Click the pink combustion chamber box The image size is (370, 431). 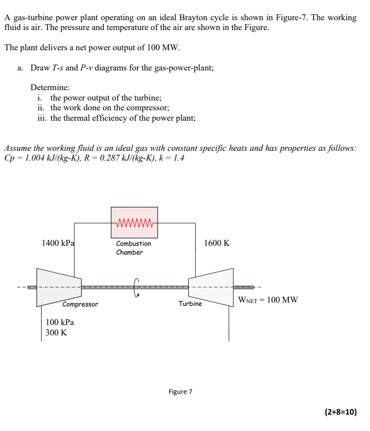(135, 222)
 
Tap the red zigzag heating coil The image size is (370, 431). (135, 223)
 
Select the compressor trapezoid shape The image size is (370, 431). (59, 287)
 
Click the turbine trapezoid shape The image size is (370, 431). (211, 287)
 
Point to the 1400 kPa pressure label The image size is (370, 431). (58, 243)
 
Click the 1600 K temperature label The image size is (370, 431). (217, 243)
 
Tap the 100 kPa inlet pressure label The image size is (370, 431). (60, 322)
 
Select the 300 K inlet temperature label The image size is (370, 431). (56, 333)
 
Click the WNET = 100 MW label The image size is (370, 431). (268, 299)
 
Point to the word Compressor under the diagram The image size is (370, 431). (80, 304)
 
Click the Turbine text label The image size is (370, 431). (190, 304)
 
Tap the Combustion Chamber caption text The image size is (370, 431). (134, 247)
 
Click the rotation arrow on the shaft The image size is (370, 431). (135, 287)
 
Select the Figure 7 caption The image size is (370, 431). (181, 392)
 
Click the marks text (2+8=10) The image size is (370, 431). (341, 412)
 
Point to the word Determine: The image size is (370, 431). (50, 87)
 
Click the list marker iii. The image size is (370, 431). (42, 118)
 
